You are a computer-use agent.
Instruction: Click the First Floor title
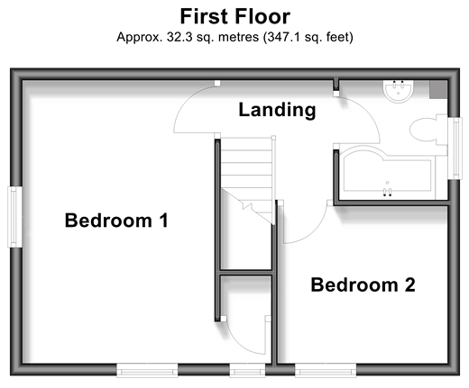pyautogui.click(x=234, y=16)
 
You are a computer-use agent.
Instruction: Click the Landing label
pyautogui.click(x=277, y=110)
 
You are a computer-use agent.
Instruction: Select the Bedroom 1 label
pyautogui.click(x=116, y=221)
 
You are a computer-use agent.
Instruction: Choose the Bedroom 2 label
pyautogui.click(x=363, y=284)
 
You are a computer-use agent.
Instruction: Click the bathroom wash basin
pyautogui.click(x=398, y=91)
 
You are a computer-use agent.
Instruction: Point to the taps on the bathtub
pyautogui.click(x=387, y=192)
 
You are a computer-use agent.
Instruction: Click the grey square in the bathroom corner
pyautogui.click(x=438, y=89)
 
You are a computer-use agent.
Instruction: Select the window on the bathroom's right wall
pyautogui.click(x=455, y=149)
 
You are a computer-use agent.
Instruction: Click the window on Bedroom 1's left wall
pyautogui.click(x=14, y=217)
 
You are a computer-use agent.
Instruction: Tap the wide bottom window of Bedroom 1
pyautogui.click(x=147, y=370)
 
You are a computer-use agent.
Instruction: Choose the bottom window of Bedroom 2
pyautogui.click(x=326, y=370)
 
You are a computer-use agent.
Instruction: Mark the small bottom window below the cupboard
pyautogui.click(x=247, y=370)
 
